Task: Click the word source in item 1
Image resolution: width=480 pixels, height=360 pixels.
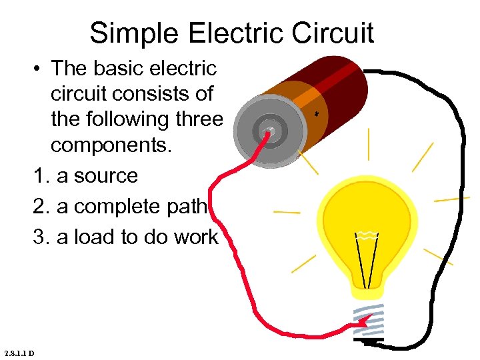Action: point(107,176)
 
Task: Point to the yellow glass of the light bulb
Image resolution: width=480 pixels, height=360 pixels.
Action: point(367,207)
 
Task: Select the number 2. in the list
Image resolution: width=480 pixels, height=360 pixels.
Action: point(41,207)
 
